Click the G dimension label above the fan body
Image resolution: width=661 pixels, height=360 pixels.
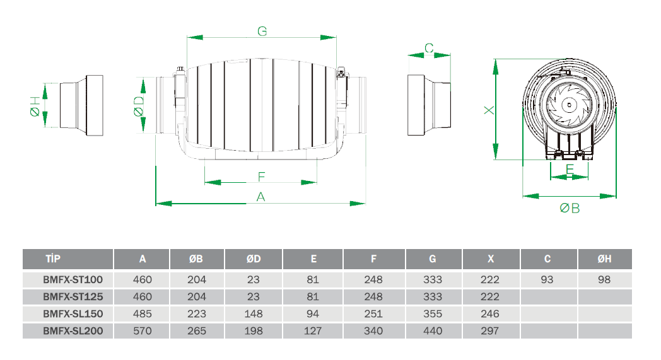click(262, 31)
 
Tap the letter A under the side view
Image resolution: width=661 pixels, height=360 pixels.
click(261, 197)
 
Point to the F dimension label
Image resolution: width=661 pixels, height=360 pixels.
click(261, 177)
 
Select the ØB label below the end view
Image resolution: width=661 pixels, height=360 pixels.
click(570, 208)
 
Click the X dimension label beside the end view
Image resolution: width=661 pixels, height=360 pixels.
click(489, 110)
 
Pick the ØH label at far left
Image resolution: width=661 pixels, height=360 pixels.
click(35, 106)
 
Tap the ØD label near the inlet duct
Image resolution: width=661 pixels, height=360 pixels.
click(139, 106)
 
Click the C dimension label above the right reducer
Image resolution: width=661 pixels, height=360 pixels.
click(429, 48)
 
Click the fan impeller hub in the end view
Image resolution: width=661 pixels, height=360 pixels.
click(569, 105)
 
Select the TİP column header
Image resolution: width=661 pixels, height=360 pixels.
click(53, 259)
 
